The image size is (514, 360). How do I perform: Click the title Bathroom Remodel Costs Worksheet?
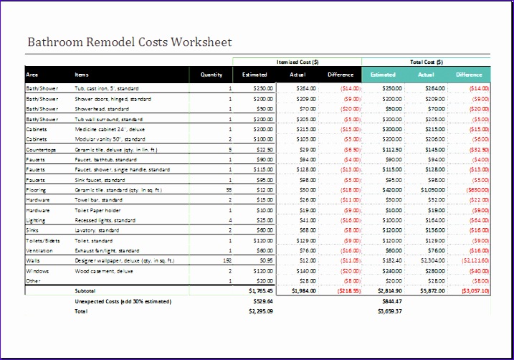click(129, 42)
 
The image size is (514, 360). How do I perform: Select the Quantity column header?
click(211, 75)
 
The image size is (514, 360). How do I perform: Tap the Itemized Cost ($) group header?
click(297, 62)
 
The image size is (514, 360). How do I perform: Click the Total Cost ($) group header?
click(426, 62)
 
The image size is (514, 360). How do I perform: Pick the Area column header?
click(32, 75)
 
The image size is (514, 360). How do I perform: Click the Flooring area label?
click(36, 190)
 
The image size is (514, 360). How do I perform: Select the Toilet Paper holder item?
click(97, 211)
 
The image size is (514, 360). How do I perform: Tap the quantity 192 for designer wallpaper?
click(227, 261)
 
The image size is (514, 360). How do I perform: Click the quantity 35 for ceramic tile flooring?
click(229, 190)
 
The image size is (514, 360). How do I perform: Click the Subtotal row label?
click(85, 292)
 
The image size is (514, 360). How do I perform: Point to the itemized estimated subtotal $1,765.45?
click(260, 292)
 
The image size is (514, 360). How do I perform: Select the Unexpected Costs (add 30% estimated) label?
click(123, 302)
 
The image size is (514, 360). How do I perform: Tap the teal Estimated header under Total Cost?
click(383, 75)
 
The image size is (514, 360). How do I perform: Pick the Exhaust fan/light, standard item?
click(107, 251)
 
